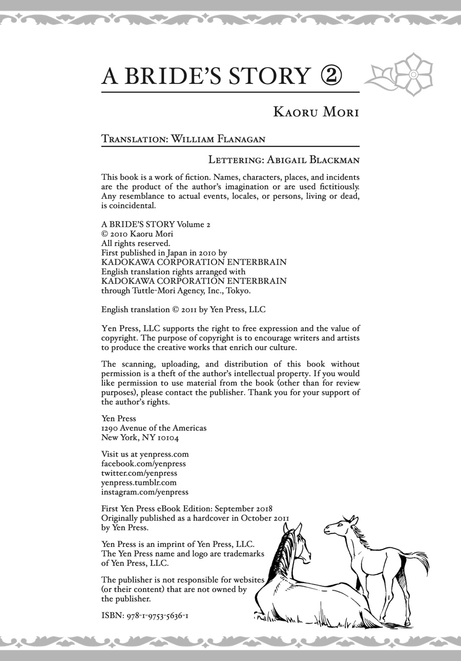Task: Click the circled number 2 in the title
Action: (331, 76)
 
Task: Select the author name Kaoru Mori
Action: (316, 112)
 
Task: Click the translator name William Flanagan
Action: (218, 139)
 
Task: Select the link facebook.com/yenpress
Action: (143, 463)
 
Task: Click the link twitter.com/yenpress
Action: (139, 473)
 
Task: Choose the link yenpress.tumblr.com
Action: (139, 482)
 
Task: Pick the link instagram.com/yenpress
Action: (145, 492)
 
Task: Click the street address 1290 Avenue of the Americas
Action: (154, 428)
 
